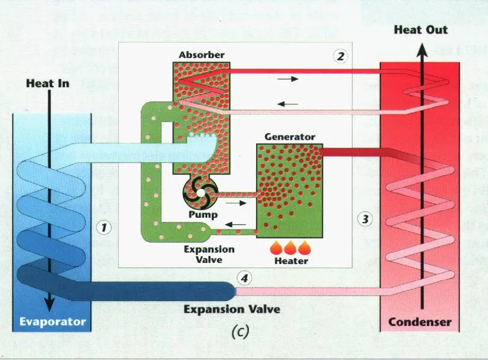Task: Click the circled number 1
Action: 104,228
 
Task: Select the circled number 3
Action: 364,218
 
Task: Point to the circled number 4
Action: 243,277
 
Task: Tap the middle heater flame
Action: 291,247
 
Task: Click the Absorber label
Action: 202,55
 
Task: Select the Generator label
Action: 290,136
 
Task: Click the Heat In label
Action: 48,83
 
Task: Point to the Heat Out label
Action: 421,30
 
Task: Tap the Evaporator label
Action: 53,321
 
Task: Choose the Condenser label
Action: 420,322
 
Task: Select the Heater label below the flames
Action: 291,261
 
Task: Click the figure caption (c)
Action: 240,332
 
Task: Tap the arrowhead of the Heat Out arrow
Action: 422,49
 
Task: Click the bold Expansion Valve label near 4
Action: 232,309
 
